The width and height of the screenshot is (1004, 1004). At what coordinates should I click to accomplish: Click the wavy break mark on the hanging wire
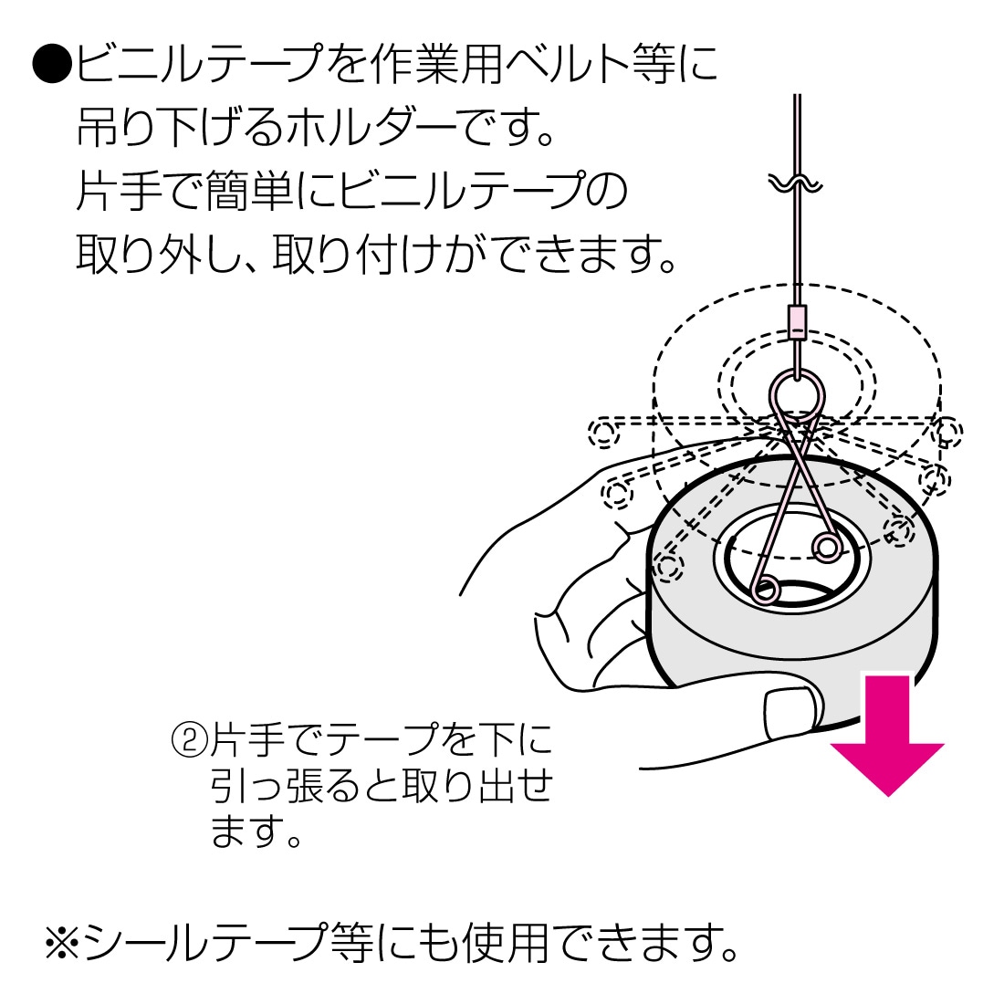click(796, 183)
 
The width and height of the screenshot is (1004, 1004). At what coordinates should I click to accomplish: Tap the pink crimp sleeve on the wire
click(798, 321)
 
